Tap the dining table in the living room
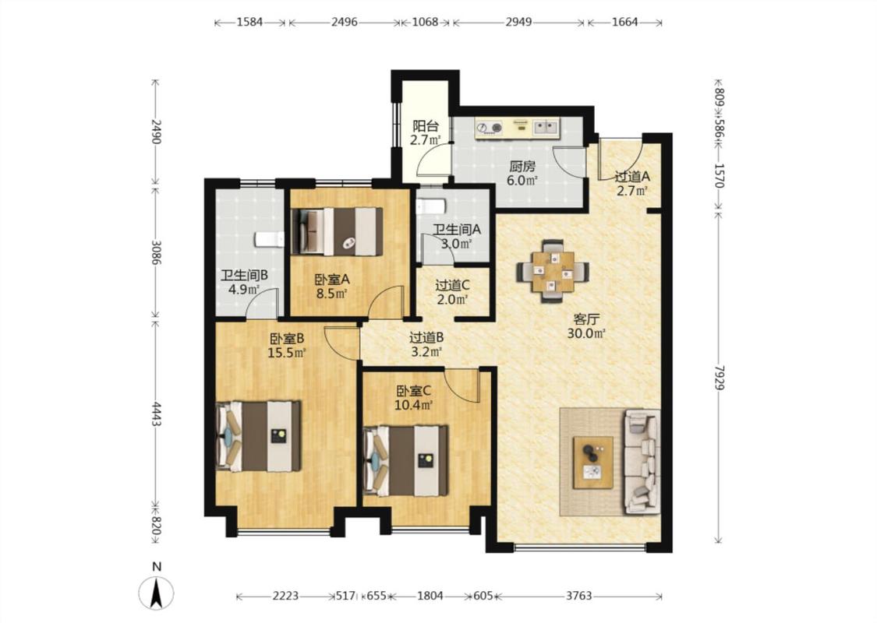click(553, 271)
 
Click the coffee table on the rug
click(593, 463)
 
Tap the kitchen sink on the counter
click(546, 128)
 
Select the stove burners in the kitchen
click(490, 128)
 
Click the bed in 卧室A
click(338, 231)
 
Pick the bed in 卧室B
click(258, 436)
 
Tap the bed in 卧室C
click(405, 461)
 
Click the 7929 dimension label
click(720, 378)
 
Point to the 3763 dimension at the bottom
click(578, 596)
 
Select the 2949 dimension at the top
click(518, 23)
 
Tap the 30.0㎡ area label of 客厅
click(587, 334)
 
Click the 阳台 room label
click(426, 126)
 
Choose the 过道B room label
click(426, 337)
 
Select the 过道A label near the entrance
click(632, 177)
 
